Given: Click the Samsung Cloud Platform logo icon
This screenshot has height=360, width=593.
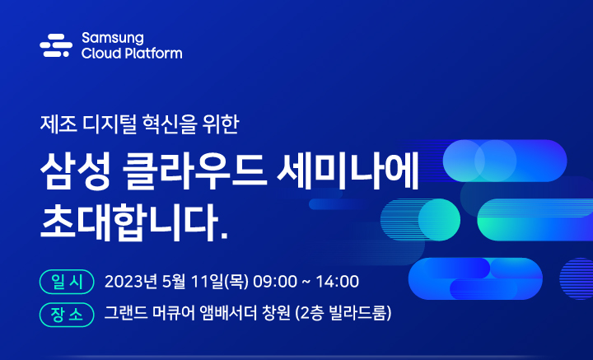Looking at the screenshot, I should (56, 45).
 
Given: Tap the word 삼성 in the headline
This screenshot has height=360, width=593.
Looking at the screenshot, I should (72, 171).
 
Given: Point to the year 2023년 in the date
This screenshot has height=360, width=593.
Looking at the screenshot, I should (134, 282).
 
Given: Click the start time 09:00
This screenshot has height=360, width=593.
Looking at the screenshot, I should (275, 282).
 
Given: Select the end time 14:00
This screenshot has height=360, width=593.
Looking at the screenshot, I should (337, 282).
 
